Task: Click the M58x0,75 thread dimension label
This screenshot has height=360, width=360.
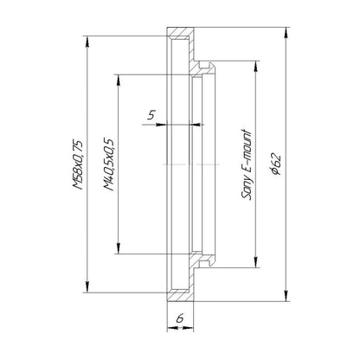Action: tap(78, 164)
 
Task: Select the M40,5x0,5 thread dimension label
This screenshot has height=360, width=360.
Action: tap(109, 164)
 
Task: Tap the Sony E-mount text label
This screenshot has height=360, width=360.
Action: tap(247, 164)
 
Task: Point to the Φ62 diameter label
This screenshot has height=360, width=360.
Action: tap(276, 164)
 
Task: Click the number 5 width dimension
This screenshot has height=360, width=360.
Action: tap(151, 115)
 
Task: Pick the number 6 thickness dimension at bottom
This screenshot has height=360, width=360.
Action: tap(180, 318)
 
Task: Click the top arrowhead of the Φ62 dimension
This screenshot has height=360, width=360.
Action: tap(286, 32)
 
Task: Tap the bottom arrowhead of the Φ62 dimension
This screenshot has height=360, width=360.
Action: tap(286, 297)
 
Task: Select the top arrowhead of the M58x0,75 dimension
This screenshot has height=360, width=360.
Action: tap(87, 41)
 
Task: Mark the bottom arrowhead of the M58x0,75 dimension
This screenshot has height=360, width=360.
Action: tap(87, 287)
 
